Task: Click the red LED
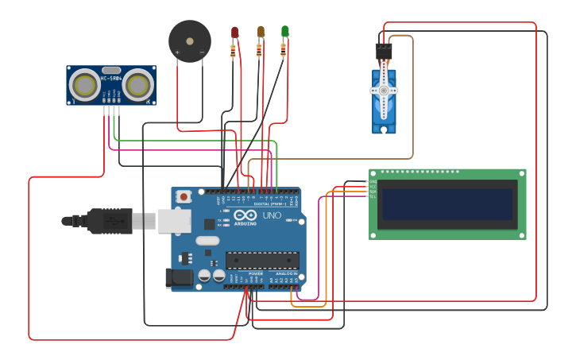tap(234, 32)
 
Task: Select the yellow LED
tap(260, 31)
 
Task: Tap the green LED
tap(284, 31)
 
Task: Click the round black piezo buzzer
tap(190, 41)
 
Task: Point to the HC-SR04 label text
tap(110, 78)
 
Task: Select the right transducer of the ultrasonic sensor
tap(137, 86)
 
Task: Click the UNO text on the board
tap(272, 215)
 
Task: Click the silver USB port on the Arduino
tap(174, 220)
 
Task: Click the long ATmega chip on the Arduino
tap(262, 260)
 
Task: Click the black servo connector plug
tap(384, 51)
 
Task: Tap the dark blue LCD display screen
tap(447, 204)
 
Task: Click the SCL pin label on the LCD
tap(373, 196)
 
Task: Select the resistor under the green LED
tap(284, 51)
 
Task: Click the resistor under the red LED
tap(233, 52)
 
